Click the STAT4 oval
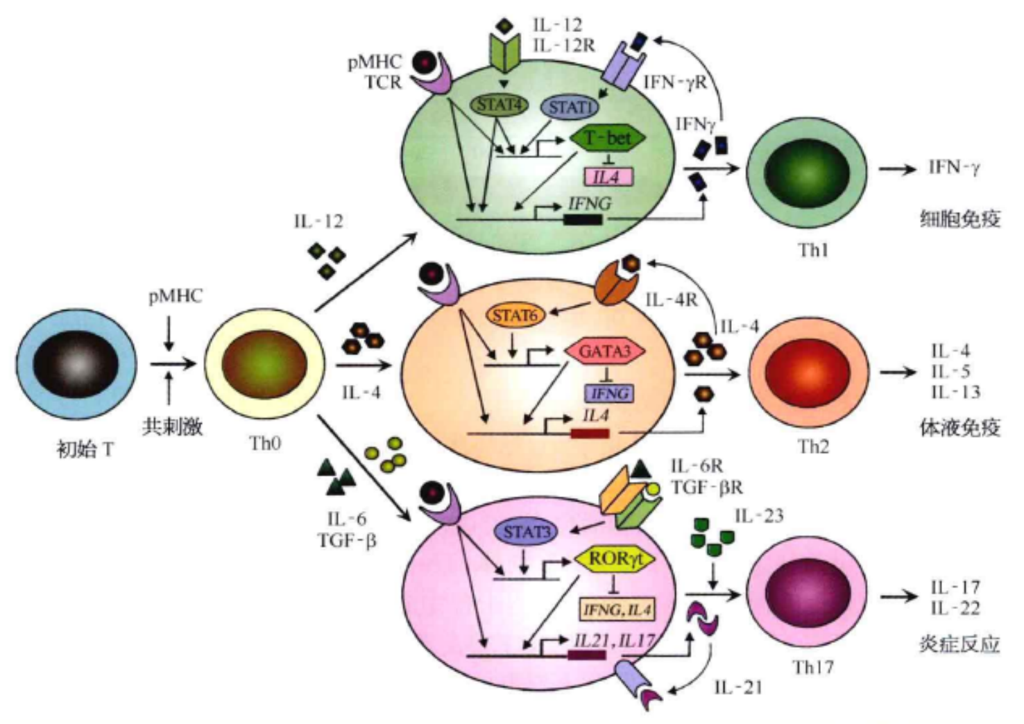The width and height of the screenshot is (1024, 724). click(x=500, y=105)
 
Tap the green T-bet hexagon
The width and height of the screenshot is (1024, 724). click(x=608, y=138)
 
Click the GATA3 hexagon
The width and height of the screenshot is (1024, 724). click(x=605, y=352)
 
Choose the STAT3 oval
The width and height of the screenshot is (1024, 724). click(x=527, y=532)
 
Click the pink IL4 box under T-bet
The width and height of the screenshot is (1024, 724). click(x=608, y=178)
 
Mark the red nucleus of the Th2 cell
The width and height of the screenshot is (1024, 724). click(x=807, y=372)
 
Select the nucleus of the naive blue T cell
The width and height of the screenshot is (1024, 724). click(x=76, y=363)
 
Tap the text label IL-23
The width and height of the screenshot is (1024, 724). click(x=759, y=516)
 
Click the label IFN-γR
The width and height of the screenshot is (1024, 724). click(x=674, y=83)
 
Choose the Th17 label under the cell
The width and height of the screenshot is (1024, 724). click(x=813, y=667)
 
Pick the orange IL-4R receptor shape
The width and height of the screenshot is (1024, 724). click(x=617, y=283)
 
